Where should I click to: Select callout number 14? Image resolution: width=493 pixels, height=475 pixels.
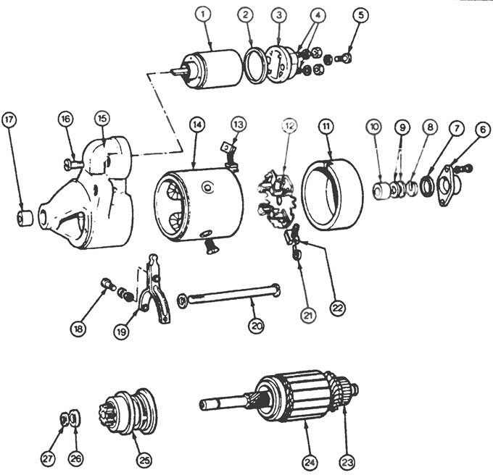point(196,124)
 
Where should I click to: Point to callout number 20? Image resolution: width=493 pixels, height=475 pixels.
point(256,326)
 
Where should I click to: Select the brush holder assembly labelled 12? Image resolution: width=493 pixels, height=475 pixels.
point(277,196)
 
